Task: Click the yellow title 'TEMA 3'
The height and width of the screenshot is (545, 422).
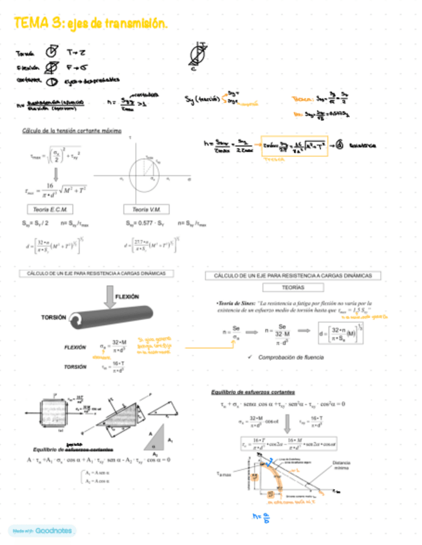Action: tap(35, 23)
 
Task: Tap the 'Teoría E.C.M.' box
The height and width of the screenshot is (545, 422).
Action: tap(50, 210)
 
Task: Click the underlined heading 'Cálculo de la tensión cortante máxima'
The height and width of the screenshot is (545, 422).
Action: tap(71, 130)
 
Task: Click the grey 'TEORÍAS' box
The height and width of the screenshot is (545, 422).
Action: tap(293, 287)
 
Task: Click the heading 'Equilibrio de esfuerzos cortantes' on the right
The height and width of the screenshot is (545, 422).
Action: tap(253, 392)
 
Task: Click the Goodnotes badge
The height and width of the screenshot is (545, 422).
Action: tap(41, 531)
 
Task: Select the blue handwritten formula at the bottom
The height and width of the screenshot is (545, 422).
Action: tap(258, 517)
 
